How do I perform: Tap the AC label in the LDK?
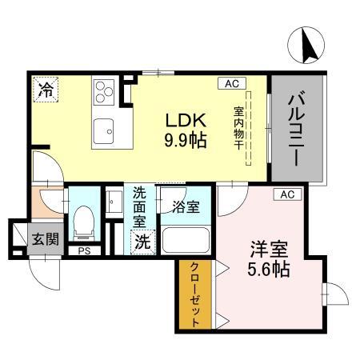point(230,82)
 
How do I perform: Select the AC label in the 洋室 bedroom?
point(288,194)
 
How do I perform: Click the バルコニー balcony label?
point(298,128)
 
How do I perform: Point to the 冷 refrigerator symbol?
point(46,90)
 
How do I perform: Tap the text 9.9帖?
point(186,141)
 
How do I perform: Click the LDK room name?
point(186,121)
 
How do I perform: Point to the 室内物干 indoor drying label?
point(238,128)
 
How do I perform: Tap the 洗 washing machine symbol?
point(142,239)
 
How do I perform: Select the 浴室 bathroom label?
point(185,206)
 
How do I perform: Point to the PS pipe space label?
point(83,250)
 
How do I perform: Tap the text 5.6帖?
point(269,269)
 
